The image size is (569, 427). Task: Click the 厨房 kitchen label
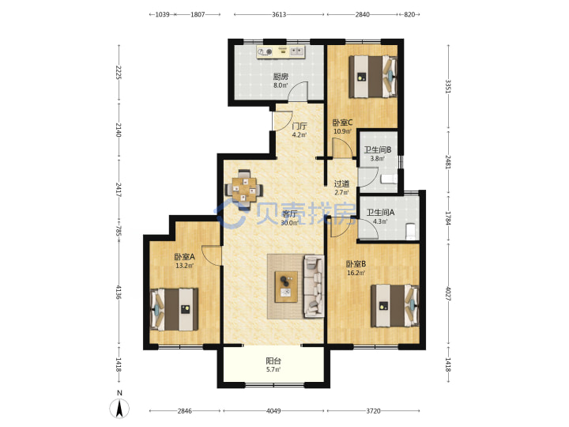[x=281, y=77]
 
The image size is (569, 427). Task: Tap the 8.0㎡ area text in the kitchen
[x=281, y=85]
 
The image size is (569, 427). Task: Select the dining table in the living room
[x=244, y=189]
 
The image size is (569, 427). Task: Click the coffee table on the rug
[x=286, y=286]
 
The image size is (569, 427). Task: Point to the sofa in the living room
[x=314, y=285]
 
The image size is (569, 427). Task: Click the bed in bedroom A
[x=174, y=309]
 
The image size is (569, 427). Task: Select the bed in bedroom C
[x=373, y=77]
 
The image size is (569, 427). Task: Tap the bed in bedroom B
[x=395, y=306]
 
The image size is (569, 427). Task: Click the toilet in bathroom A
[x=410, y=231]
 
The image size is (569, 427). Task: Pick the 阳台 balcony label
[x=273, y=361]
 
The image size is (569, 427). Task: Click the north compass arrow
[x=119, y=408]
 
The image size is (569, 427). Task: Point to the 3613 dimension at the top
[x=279, y=14]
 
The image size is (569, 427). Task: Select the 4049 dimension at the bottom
[x=273, y=410]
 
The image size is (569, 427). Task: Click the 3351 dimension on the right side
[x=448, y=86]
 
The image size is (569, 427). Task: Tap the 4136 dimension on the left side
[x=119, y=292]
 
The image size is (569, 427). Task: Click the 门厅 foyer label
[x=300, y=126]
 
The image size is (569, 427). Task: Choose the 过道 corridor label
[x=341, y=183]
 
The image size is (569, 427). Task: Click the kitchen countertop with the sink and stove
[x=281, y=52]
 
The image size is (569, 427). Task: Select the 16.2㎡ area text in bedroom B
[x=356, y=273]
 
